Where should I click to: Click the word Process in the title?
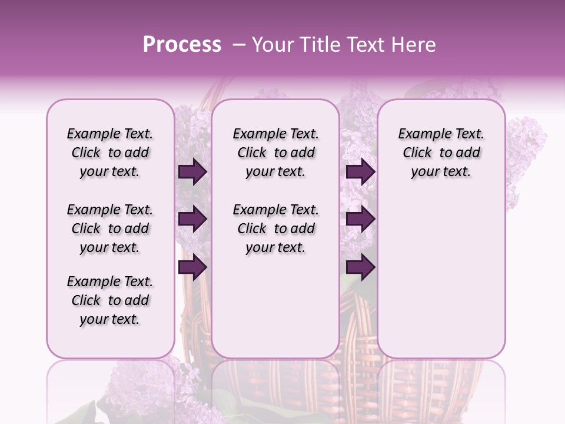point(182,45)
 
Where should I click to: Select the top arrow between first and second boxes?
point(192,172)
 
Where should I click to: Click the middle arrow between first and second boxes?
point(192,220)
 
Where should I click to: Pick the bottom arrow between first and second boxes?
point(192,267)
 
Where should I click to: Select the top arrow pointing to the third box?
point(360,172)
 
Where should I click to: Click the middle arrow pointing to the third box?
point(360,220)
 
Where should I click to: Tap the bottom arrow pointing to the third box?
point(360,267)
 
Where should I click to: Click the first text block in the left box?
point(110,153)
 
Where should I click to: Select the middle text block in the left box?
point(110,228)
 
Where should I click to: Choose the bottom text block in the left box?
point(110,300)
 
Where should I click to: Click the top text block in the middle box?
point(275,153)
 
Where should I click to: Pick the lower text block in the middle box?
point(275,228)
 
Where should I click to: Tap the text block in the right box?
point(441,153)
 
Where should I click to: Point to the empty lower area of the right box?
point(441,277)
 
